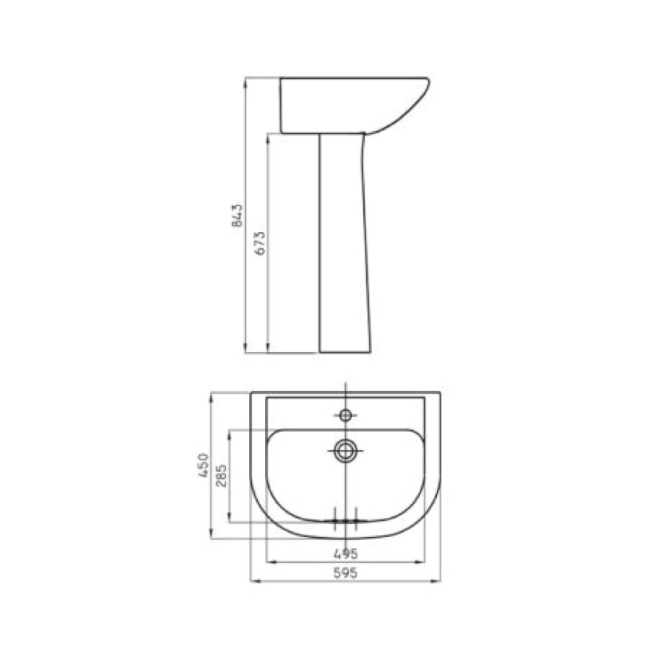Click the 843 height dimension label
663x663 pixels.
click(238, 215)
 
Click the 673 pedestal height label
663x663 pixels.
click(261, 242)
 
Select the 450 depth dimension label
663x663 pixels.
click(204, 466)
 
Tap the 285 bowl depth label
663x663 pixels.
click(221, 475)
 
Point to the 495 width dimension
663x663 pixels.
click(346, 553)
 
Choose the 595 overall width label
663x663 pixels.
click(346, 573)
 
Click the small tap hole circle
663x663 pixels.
click(346, 415)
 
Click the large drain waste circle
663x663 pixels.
click(346, 450)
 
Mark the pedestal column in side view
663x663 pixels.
click(345, 242)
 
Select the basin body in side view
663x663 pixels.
click(354, 105)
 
